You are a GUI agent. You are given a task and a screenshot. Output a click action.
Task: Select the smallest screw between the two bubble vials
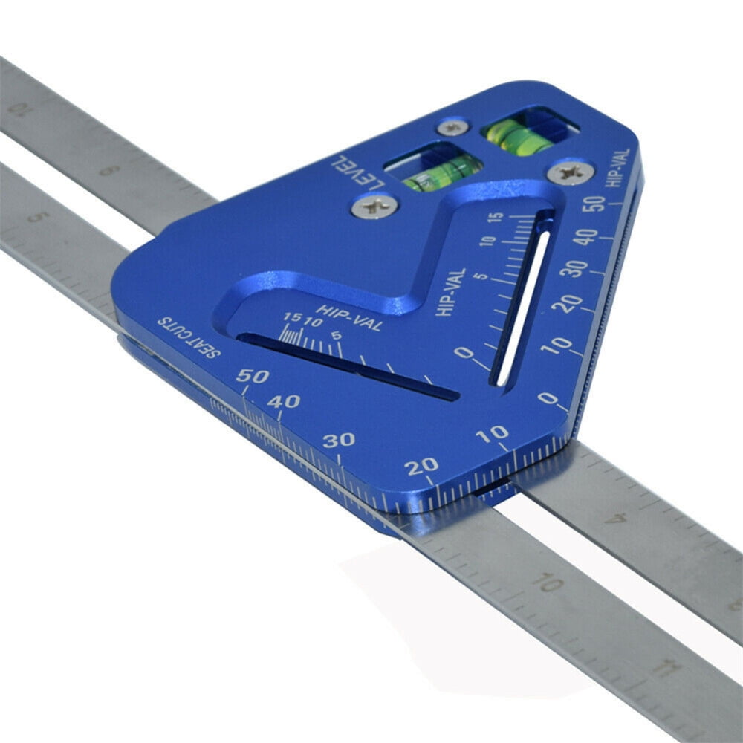point(452,126)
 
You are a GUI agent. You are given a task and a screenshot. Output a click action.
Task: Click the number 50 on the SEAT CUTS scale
point(253,376)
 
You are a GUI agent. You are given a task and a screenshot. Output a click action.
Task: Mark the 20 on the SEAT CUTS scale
point(422,467)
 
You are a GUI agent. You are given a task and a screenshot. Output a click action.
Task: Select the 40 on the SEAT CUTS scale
point(285,402)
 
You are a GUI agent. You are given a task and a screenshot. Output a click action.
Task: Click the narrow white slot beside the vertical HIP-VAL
point(523,307)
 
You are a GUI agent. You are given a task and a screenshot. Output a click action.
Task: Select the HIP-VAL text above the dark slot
point(348,317)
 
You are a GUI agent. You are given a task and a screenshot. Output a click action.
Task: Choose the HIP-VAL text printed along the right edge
point(618,168)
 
